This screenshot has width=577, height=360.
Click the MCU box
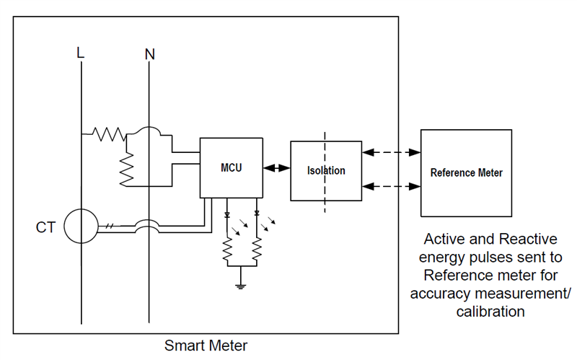pyautogui.click(x=231, y=167)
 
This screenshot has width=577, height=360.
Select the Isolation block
pyautogui.click(x=326, y=171)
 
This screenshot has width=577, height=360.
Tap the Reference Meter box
pyautogui.click(x=466, y=173)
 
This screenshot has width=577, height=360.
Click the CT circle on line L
pyautogui.click(x=81, y=227)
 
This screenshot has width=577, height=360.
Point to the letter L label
pyautogui.click(x=81, y=53)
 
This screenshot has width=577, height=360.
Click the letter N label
pyautogui.click(x=149, y=53)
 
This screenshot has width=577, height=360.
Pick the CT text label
pyautogui.click(x=46, y=228)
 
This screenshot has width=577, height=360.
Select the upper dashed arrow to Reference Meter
pyautogui.click(x=392, y=152)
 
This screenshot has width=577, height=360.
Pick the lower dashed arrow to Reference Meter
pyautogui.click(x=392, y=186)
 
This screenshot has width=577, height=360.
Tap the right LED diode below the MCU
pyautogui.click(x=257, y=215)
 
